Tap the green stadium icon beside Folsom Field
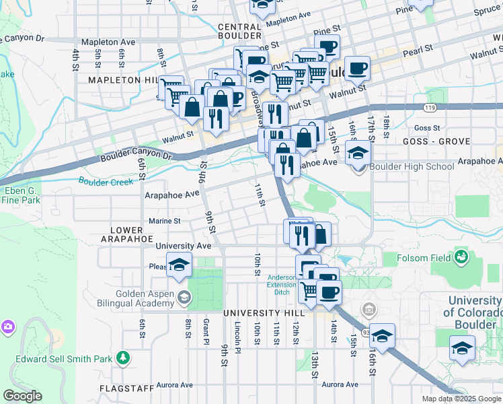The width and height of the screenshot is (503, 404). tap(461, 257)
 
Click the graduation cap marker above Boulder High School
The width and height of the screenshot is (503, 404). tap(358, 153)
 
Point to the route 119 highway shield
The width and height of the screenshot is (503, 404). tap(429, 107)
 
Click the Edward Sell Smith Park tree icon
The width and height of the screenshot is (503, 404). tap(122, 358)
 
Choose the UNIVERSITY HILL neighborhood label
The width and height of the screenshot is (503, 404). tap(261, 314)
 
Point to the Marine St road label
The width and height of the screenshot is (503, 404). tap(163, 220)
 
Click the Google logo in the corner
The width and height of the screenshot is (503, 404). tap(22, 396)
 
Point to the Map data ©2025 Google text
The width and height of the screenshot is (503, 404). tap(461, 399)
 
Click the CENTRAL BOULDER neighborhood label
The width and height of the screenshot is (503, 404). tap(240, 31)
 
